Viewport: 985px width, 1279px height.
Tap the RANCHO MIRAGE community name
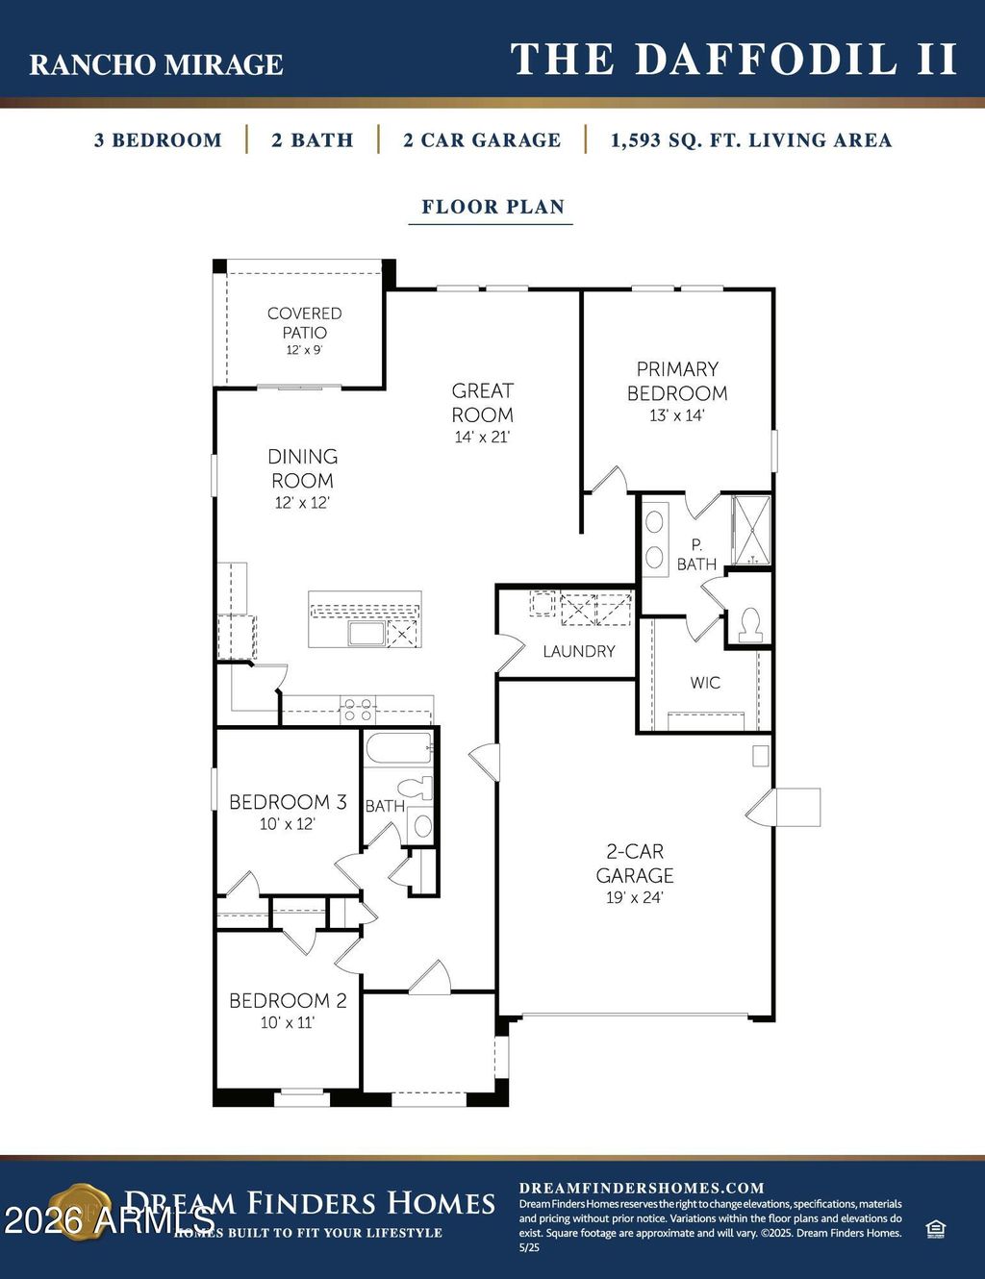click(156, 64)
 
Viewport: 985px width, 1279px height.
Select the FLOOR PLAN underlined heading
click(492, 207)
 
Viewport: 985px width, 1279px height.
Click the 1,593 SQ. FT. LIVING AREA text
click(750, 140)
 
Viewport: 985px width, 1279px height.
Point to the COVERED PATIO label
click(304, 323)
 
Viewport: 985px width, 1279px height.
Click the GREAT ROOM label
click(482, 403)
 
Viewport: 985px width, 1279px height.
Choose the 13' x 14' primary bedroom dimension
click(677, 415)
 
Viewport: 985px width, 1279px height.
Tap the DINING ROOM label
click(302, 468)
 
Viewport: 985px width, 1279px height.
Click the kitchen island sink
click(366, 632)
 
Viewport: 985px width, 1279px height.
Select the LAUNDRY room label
click(578, 651)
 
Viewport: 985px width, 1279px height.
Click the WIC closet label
click(704, 683)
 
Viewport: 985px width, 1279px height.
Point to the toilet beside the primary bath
click(749, 624)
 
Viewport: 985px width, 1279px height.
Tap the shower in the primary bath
click(750, 529)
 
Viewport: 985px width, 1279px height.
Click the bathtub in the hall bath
click(398, 747)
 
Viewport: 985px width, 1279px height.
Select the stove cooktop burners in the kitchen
click(358, 710)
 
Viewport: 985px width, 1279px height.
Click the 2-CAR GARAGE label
click(634, 863)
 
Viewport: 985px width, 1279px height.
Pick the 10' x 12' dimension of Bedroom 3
click(287, 824)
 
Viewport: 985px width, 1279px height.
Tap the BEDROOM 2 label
click(288, 1000)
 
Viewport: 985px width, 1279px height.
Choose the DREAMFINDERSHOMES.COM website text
click(642, 1188)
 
